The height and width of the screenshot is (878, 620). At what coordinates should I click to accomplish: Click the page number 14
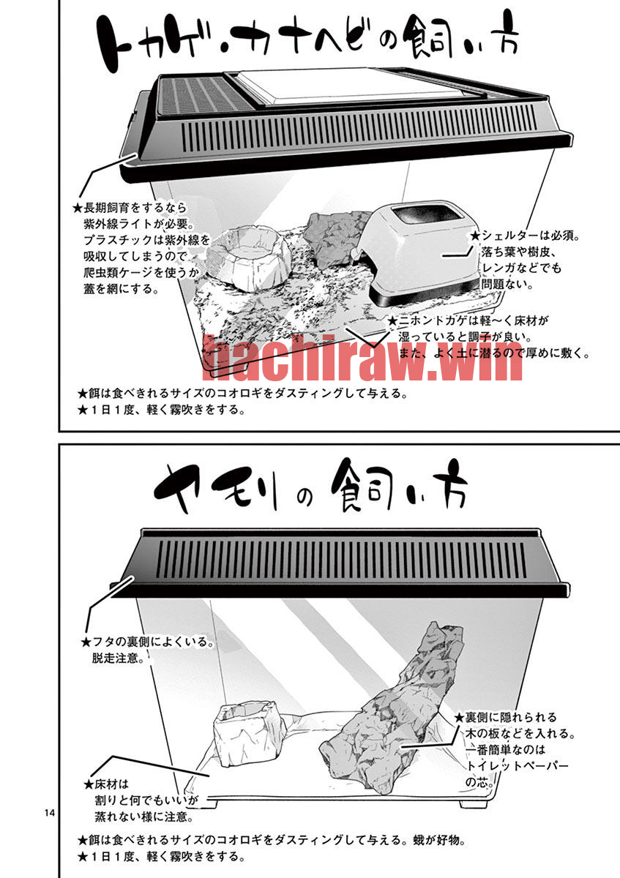[50, 813]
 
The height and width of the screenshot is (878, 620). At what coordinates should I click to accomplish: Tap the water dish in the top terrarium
[249, 259]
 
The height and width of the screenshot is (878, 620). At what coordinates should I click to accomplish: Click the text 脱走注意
[116, 658]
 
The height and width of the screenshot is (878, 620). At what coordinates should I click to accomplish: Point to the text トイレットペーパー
[517, 765]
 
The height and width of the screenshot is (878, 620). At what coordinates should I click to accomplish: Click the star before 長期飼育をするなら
[78, 208]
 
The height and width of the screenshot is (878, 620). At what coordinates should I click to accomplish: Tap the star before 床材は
[89, 784]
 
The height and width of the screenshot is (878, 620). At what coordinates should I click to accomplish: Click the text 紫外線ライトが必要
[133, 224]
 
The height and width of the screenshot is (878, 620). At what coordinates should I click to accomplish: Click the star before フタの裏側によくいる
[86, 642]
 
